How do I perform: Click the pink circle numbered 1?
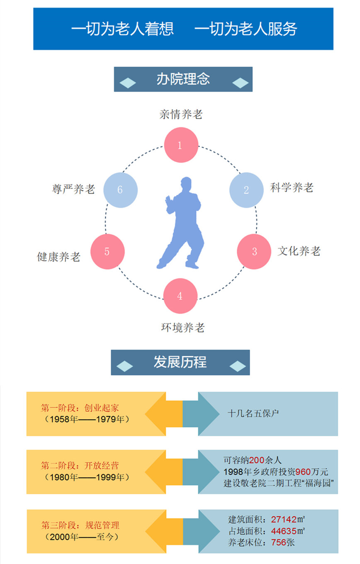(x=180, y=145)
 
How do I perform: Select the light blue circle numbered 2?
(x=246, y=190)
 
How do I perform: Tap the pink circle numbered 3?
(x=254, y=251)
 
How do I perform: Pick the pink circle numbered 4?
(x=180, y=296)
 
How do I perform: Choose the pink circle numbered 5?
(x=107, y=251)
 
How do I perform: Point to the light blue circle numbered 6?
(x=120, y=190)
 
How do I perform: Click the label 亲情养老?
(x=181, y=114)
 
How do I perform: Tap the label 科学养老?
(x=292, y=187)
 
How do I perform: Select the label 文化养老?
(x=299, y=251)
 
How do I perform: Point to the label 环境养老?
(x=182, y=328)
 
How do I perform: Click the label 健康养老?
(x=58, y=257)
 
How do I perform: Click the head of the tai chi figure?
(x=186, y=183)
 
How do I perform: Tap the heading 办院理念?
(x=183, y=79)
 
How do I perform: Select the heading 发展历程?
(x=180, y=362)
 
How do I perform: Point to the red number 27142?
(x=285, y=519)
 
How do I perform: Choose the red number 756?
(x=278, y=542)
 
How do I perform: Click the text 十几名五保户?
(x=253, y=413)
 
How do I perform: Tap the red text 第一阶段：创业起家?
(x=80, y=408)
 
